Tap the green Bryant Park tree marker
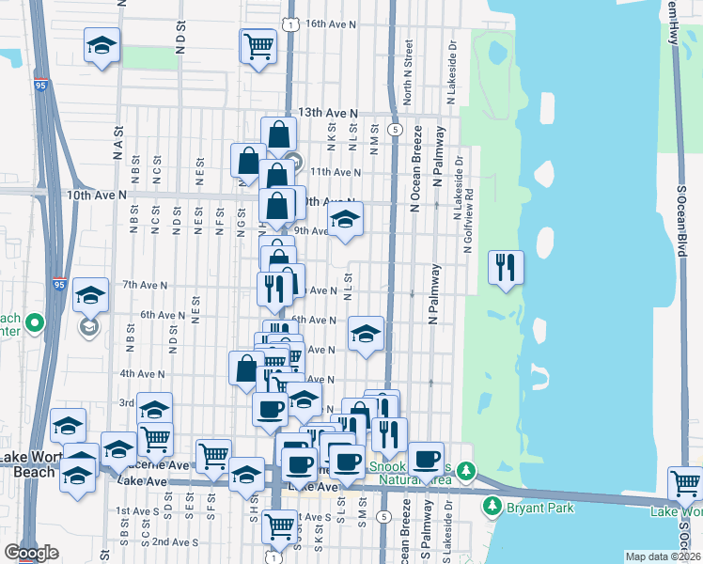(491, 507)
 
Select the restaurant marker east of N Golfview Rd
(506, 269)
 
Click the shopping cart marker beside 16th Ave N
(258, 45)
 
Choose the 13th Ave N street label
(328, 112)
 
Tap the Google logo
(31, 553)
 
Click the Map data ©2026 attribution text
(663, 556)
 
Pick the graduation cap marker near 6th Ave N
(366, 333)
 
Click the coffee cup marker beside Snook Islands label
(426, 459)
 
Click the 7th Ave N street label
(145, 285)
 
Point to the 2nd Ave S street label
(174, 542)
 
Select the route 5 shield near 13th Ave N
(397, 129)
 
